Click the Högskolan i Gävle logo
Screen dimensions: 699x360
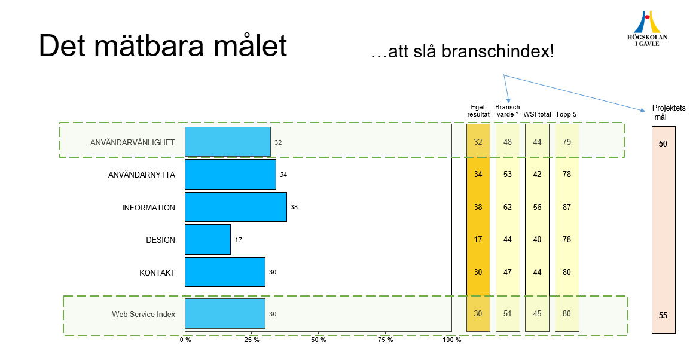pyautogui.click(x=647, y=29)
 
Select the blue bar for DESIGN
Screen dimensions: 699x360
pyautogui.click(x=207, y=240)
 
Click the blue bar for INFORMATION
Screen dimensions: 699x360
pyautogui.click(x=236, y=207)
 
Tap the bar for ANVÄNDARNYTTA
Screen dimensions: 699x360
pyautogui.click(x=230, y=175)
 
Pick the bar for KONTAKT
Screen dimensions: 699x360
pyautogui.click(x=225, y=272)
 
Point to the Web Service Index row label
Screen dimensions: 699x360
pyautogui.click(x=144, y=314)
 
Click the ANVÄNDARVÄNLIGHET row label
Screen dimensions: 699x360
pyautogui.click(x=132, y=142)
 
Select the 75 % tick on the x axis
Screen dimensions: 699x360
pyautogui.click(x=386, y=340)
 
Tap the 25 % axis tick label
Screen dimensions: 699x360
pyautogui.click(x=252, y=340)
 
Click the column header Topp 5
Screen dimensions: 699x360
pyautogui.click(x=566, y=114)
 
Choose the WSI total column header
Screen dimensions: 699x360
pyautogui.click(x=537, y=114)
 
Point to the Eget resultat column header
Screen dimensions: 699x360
pyautogui.click(x=478, y=111)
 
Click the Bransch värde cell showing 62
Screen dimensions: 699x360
pyautogui.click(x=508, y=207)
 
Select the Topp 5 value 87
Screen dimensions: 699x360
pyautogui.click(x=567, y=207)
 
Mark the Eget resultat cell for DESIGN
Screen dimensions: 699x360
pyautogui.click(x=478, y=240)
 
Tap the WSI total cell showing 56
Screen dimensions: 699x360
pyautogui.click(x=537, y=207)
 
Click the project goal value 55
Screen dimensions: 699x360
pyautogui.click(x=663, y=315)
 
